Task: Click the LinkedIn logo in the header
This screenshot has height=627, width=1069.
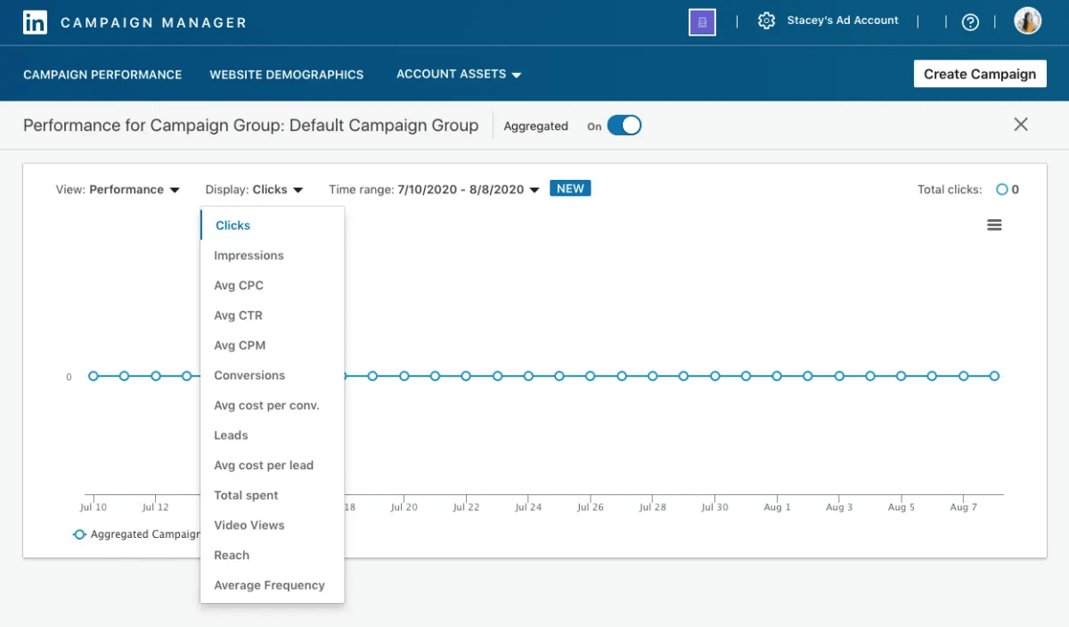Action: pyautogui.click(x=35, y=22)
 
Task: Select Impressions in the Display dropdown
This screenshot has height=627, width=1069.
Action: pyautogui.click(x=249, y=256)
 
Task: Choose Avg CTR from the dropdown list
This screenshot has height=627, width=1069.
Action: pyautogui.click(x=238, y=315)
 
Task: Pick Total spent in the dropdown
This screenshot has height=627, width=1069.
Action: pyautogui.click(x=246, y=495)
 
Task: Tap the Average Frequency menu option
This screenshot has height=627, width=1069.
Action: pyautogui.click(x=269, y=585)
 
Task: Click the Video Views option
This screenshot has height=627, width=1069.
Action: pyautogui.click(x=249, y=525)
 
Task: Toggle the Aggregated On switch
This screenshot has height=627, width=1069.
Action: pyautogui.click(x=624, y=126)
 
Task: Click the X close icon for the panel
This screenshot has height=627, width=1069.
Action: pyautogui.click(x=1021, y=125)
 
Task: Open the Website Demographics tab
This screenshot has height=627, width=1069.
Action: pyautogui.click(x=286, y=75)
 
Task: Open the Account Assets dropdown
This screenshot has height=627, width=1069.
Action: pyautogui.click(x=458, y=75)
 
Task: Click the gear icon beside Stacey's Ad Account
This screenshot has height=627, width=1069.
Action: pyautogui.click(x=766, y=20)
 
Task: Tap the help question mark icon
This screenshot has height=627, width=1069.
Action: pyautogui.click(x=970, y=22)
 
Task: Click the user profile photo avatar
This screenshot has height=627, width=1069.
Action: pyautogui.click(x=1027, y=21)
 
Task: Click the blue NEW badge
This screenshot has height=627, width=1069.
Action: pyautogui.click(x=570, y=189)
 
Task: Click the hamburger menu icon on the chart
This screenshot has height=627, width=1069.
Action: pyautogui.click(x=994, y=225)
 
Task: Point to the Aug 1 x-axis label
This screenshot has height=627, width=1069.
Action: pyautogui.click(x=777, y=508)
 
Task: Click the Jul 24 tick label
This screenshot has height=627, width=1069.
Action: pyautogui.click(x=528, y=508)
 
